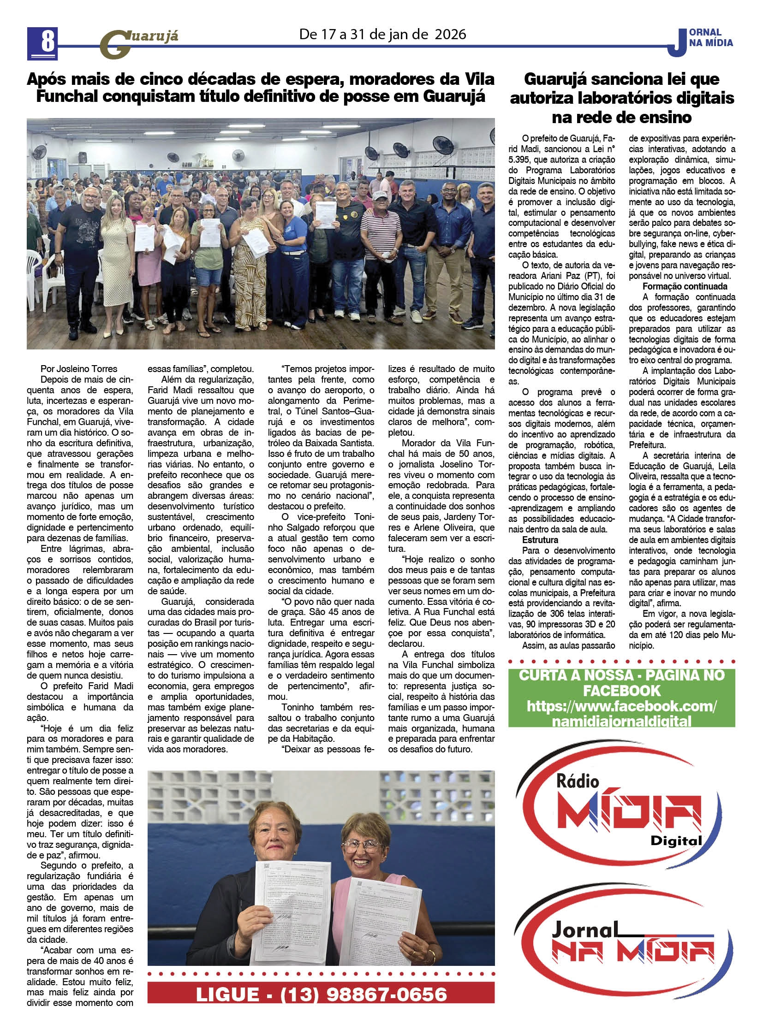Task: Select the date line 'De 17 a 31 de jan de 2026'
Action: click(x=382, y=35)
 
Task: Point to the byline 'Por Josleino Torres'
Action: click(x=79, y=369)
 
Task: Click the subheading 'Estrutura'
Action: click(x=540, y=540)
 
